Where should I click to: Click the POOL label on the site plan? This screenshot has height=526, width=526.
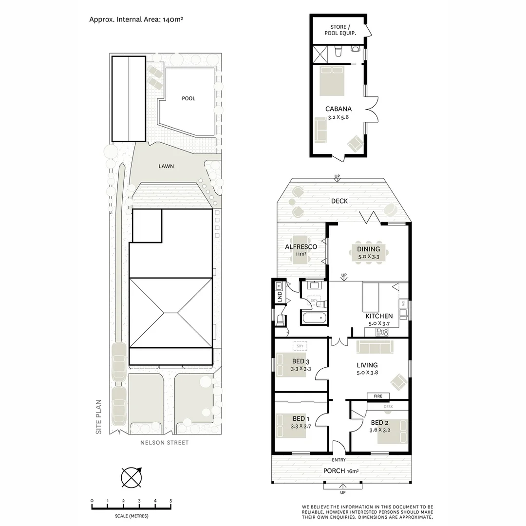[x=188, y=98]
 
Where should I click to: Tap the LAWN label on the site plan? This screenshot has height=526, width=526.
[x=166, y=166]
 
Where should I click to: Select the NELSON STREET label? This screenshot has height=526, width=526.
[x=164, y=443]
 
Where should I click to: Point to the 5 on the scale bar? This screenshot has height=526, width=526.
[x=170, y=501]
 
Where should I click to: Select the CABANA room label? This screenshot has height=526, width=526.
[x=338, y=109]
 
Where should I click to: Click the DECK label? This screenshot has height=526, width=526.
[x=339, y=201]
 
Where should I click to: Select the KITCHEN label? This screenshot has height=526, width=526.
[x=379, y=316]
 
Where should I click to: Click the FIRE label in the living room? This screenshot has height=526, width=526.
[x=378, y=396]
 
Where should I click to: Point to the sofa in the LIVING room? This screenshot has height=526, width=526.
[x=374, y=347]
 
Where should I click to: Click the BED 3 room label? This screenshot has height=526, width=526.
[x=301, y=361]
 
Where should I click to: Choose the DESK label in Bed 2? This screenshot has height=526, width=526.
[x=388, y=406]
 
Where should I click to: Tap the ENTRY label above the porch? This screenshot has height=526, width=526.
[x=338, y=460]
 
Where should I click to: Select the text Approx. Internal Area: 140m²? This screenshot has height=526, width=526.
[x=135, y=19]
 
